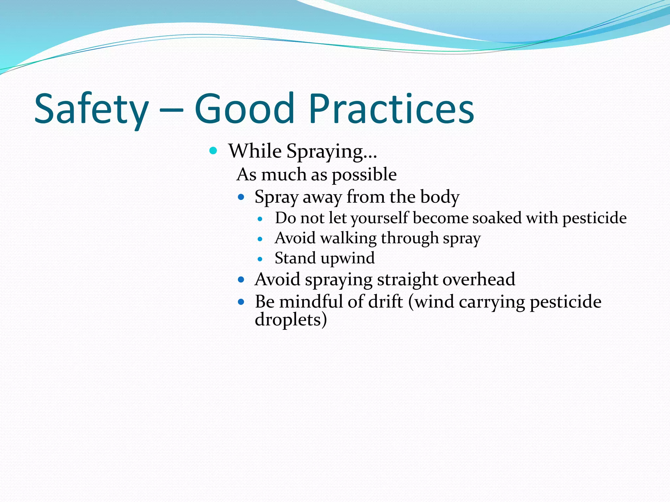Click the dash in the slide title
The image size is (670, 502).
171,111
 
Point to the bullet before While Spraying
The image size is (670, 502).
213,151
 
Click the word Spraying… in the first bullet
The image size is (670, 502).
332,152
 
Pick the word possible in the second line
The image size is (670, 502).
364,175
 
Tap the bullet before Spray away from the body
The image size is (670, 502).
241,197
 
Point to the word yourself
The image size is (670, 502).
379,219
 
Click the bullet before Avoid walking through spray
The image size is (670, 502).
260,239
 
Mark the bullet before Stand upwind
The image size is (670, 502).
260,259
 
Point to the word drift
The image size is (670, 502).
385,301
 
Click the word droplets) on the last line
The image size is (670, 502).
291,319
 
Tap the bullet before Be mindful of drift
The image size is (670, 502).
241,302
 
